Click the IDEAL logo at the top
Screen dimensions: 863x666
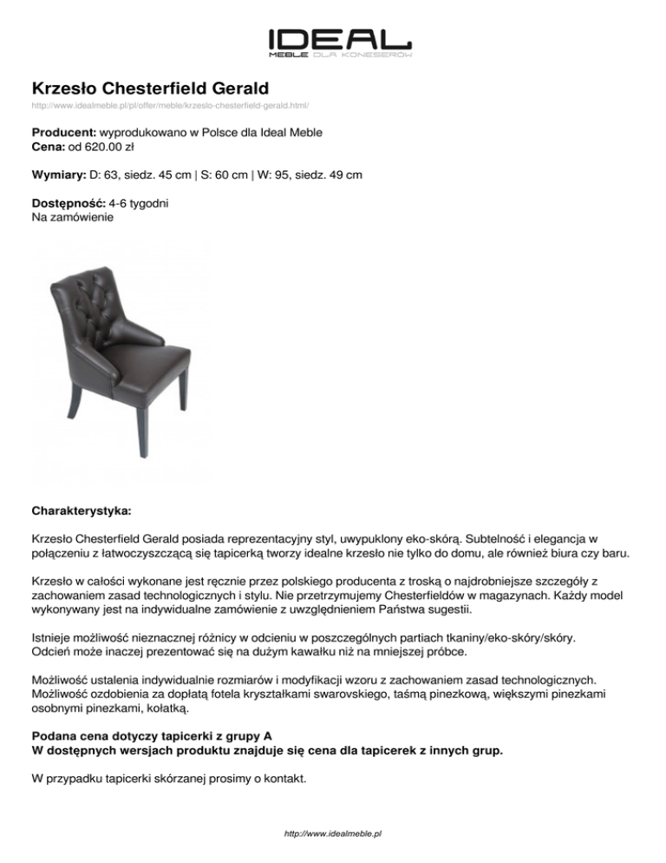pos(339,41)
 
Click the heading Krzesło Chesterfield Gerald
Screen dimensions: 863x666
pos(150,88)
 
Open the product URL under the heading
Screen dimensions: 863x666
pos(170,105)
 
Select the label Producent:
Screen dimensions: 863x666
pos(65,135)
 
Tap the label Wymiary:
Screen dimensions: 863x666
pos(59,175)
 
